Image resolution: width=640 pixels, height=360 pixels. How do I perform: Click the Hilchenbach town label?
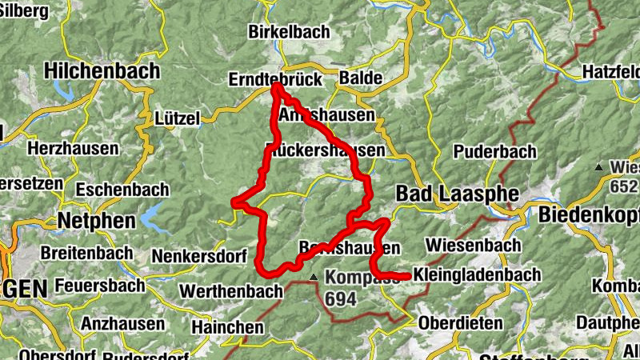coord(102,70)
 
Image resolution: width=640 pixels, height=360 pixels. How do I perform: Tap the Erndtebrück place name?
coord(274,80)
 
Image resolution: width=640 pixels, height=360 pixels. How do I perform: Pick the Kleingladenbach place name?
coord(478,275)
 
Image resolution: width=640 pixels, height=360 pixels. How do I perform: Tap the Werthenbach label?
coord(232,291)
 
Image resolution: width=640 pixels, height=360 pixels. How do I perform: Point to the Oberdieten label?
coord(461,324)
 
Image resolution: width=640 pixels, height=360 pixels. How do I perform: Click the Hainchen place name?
coord(227,327)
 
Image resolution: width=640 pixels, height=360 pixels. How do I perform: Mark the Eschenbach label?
coord(123,190)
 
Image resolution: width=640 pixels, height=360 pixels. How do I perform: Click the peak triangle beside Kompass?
coord(314,278)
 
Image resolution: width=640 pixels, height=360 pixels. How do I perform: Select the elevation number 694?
coord(342,298)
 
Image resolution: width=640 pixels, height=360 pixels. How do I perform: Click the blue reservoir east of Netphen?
coord(151,215)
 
